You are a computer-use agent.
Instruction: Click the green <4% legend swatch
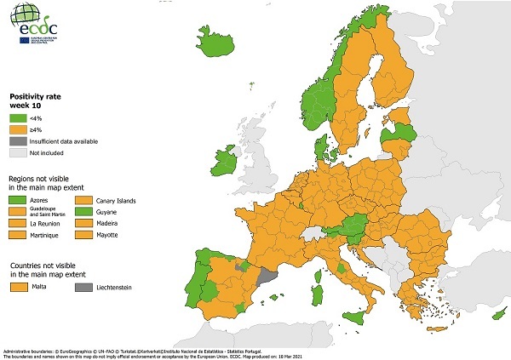pos(18,118)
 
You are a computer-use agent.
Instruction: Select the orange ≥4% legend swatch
pos(18,129)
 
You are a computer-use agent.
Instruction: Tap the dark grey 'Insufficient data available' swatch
pos(18,140)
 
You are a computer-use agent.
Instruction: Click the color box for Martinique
pos(18,234)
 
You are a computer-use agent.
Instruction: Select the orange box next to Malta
pos(18,289)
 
